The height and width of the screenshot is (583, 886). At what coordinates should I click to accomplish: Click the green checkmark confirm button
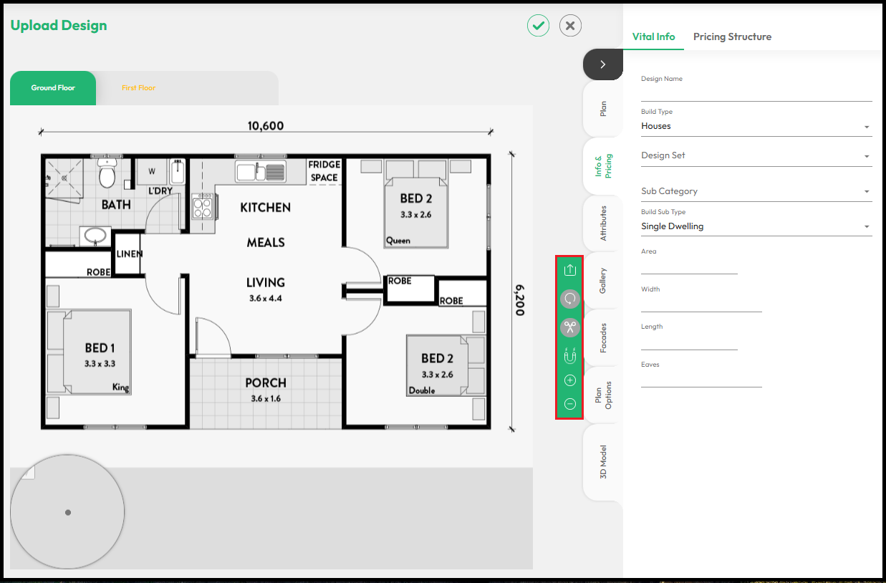(x=539, y=26)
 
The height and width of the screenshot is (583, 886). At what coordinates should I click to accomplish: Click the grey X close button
(x=570, y=26)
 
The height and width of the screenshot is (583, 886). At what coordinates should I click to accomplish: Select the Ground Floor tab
(x=53, y=88)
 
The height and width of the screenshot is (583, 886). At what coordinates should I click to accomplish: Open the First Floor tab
(x=138, y=88)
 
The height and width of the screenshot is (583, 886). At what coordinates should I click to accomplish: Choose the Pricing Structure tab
(x=732, y=37)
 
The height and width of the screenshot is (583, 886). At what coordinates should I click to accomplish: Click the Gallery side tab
(x=603, y=280)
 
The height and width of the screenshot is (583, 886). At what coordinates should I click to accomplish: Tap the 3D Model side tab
(x=603, y=463)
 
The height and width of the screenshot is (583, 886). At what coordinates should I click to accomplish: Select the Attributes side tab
(x=603, y=223)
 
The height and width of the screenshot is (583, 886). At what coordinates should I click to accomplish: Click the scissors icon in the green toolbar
(x=570, y=327)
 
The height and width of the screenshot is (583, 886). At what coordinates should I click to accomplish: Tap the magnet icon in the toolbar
(x=570, y=355)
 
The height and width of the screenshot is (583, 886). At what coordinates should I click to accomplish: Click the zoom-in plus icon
(x=570, y=380)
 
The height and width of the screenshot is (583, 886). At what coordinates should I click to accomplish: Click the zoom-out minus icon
(x=570, y=404)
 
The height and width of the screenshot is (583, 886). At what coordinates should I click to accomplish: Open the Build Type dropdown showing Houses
(x=756, y=126)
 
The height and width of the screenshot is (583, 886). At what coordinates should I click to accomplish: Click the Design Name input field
(x=756, y=93)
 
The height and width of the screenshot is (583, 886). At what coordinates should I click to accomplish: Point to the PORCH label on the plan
(x=266, y=383)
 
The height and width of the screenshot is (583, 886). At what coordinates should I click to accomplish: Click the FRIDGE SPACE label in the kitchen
(x=324, y=170)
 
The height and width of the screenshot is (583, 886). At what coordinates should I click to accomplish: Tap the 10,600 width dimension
(x=266, y=126)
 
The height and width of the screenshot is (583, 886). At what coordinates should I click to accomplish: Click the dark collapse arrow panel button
(x=602, y=64)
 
